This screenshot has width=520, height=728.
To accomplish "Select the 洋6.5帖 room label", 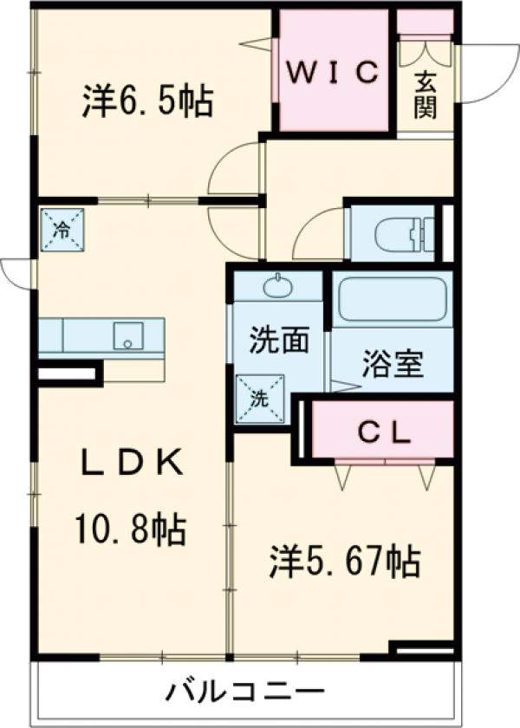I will [x=147, y=101].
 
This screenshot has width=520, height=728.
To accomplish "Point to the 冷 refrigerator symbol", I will [x=62, y=229].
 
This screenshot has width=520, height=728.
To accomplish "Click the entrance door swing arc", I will [x=484, y=74].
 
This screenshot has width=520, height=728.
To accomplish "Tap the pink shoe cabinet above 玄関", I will [x=425, y=22].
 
